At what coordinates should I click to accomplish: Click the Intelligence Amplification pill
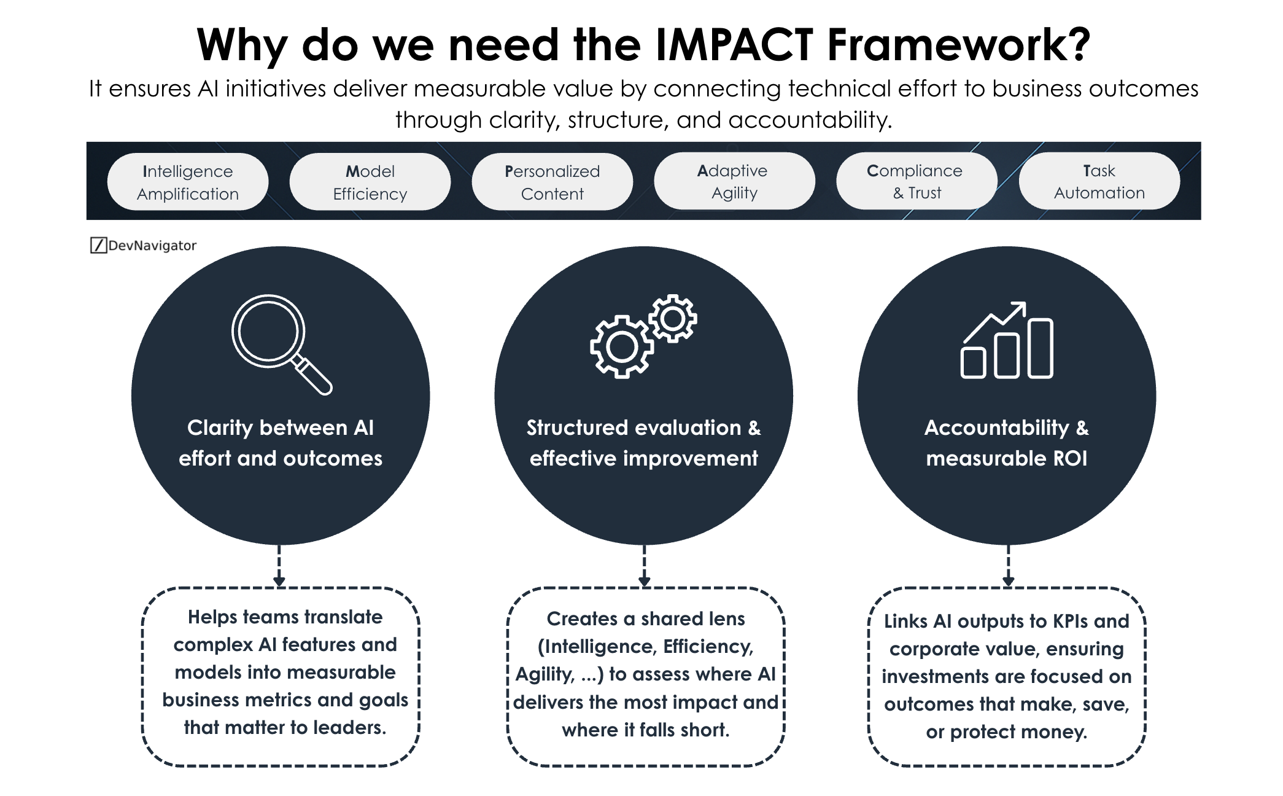(187, 182)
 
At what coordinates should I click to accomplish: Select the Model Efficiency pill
(370, 182)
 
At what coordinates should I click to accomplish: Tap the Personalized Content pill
(552, 182)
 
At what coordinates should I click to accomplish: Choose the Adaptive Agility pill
(734, 181)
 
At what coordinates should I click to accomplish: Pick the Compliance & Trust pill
(916, 181)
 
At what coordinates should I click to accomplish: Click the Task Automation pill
(1099, 181)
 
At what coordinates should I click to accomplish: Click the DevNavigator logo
(143, 246)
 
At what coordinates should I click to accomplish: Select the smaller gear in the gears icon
(673, 318)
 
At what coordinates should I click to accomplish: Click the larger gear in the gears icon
(622, 347)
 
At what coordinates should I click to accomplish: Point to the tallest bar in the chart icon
(1040, 348)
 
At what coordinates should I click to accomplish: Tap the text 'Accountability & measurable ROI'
(1006, 443)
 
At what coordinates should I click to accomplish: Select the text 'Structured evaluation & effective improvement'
(643, 443)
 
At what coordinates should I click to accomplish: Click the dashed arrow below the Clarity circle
(279, 565)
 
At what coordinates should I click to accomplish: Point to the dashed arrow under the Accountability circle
(1008, 565)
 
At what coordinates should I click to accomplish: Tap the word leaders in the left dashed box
(349, 727)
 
